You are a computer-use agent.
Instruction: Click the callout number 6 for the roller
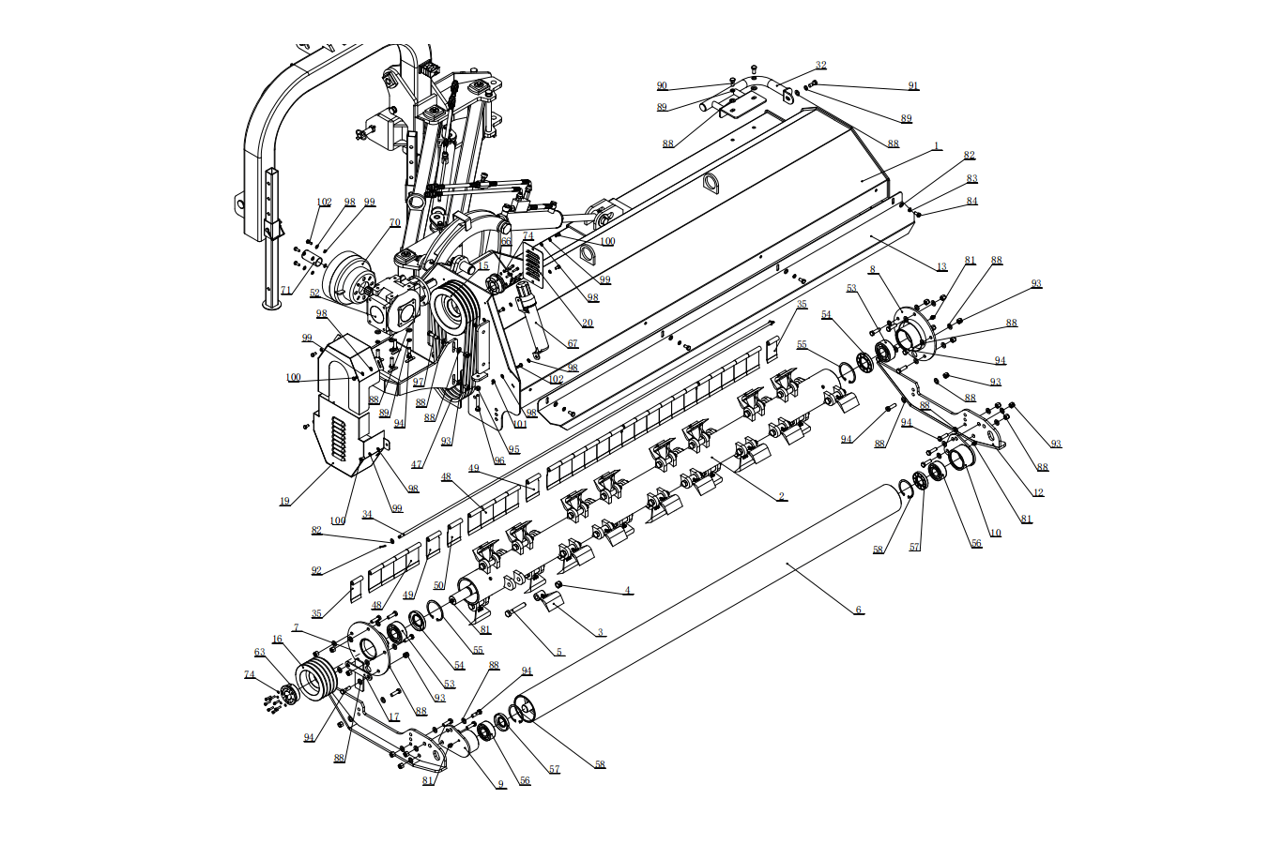tap(858, 610)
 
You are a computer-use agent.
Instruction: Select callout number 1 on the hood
tap(936, 146)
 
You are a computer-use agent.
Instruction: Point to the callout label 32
tap(821, 66)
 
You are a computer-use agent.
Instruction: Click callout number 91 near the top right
tap(913, 85)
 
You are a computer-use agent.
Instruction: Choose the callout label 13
tap(941, 267)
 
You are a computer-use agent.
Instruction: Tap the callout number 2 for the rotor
tap(782, 496)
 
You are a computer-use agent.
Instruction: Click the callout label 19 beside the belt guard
tap(284, 501)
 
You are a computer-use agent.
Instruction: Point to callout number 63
tap(260, 652)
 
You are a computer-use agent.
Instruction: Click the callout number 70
tap(395, 223)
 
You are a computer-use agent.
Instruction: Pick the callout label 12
tap(1038, 492)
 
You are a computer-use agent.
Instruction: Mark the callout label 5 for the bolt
tap(559, 652)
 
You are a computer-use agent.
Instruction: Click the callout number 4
tap(628, 591)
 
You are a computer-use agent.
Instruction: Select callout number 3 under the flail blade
tap(601, 632)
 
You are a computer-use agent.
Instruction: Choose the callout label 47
tap(416, 464)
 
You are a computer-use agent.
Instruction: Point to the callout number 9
tap(500, 784)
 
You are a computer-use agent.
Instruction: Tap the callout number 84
tap(971, 201)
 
